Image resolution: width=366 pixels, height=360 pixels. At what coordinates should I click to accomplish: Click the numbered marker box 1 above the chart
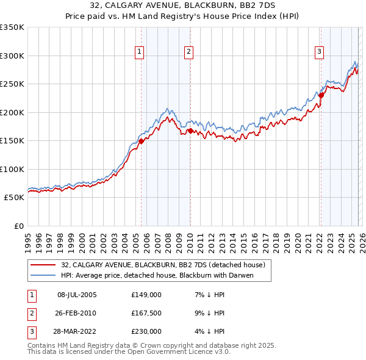click(140, 52)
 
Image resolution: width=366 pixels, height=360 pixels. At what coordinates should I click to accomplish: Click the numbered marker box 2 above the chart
click(189, 52)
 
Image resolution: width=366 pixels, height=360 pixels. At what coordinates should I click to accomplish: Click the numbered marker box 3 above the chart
click(319, 52)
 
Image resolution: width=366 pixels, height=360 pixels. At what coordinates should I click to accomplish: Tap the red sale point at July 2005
click(141, 141)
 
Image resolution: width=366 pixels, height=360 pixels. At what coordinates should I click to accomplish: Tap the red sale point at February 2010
click(190, 131)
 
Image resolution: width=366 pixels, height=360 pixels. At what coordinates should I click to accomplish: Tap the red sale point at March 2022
click(321, 95)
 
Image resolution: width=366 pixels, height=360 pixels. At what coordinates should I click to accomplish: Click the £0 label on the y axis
click(18, 226)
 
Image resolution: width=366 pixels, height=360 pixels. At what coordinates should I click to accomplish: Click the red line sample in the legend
click(44, 265)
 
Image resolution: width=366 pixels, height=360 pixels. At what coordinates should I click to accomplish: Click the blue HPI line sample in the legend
click(44, 275)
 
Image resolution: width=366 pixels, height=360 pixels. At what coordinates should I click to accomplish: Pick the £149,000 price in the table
click(146, 295)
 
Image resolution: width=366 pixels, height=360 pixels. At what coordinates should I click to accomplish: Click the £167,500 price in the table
click(146, 313)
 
